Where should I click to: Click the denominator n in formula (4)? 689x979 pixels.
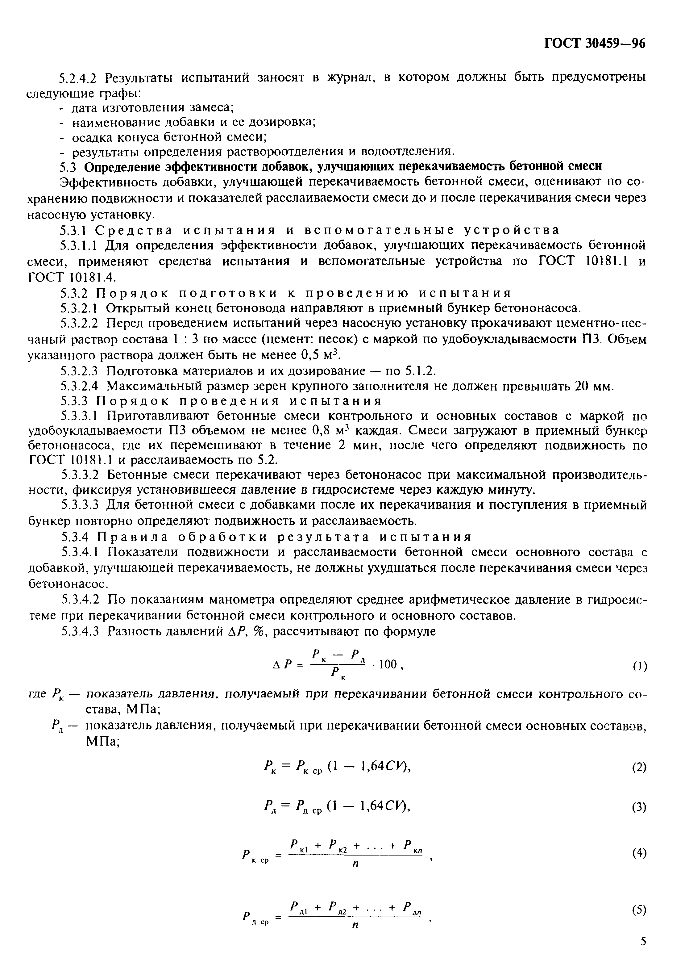pyautogui.click(x=355, y=864)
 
